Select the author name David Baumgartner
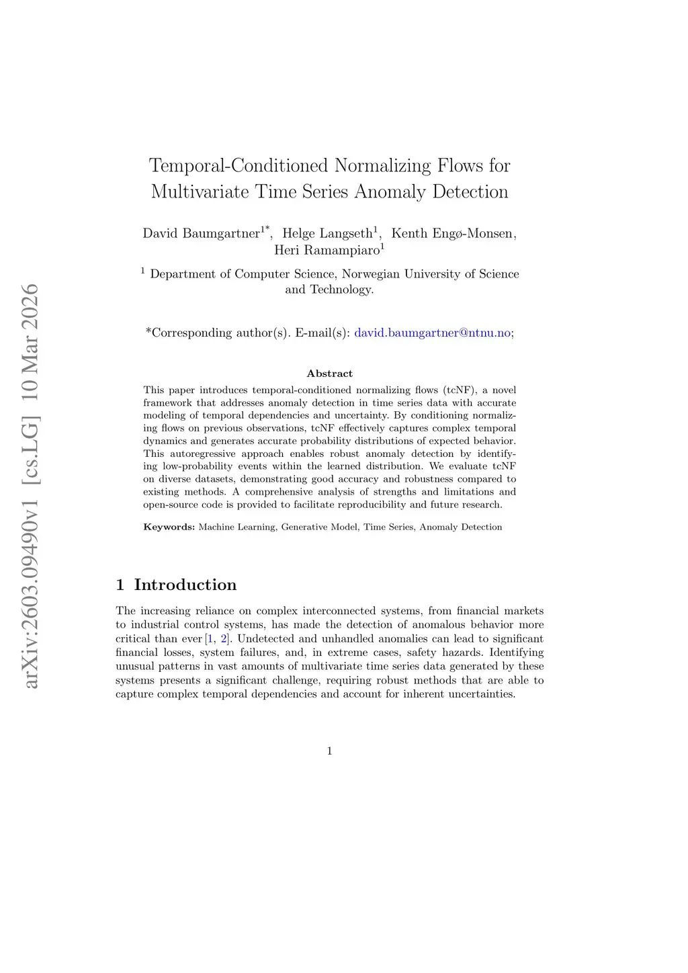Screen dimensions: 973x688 click(x=201, y=233)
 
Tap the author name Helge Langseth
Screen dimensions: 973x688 click(x=327, y=233)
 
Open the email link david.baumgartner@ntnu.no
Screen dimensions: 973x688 click(x=432, y=333)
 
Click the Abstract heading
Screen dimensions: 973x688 click(x=329, y=374)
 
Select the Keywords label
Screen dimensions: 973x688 click(x=169, y=527)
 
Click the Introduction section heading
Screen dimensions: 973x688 click(x=185, y=585)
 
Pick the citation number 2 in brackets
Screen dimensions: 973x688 click(x=224, y=638)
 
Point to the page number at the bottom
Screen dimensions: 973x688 click(x=329, y=751)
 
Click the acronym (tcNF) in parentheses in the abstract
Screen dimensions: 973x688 click(x=458, y=390)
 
